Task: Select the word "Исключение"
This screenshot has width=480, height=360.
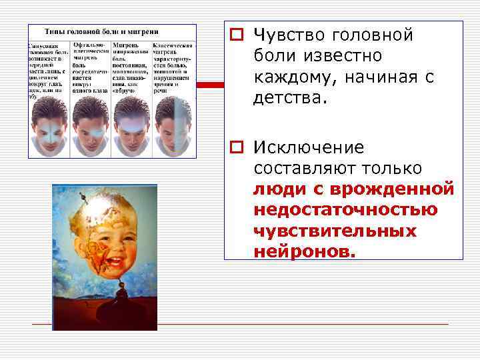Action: [308, 147]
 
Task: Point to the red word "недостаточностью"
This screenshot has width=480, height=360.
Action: [345, 209]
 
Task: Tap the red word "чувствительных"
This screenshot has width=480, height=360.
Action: [335, 230]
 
